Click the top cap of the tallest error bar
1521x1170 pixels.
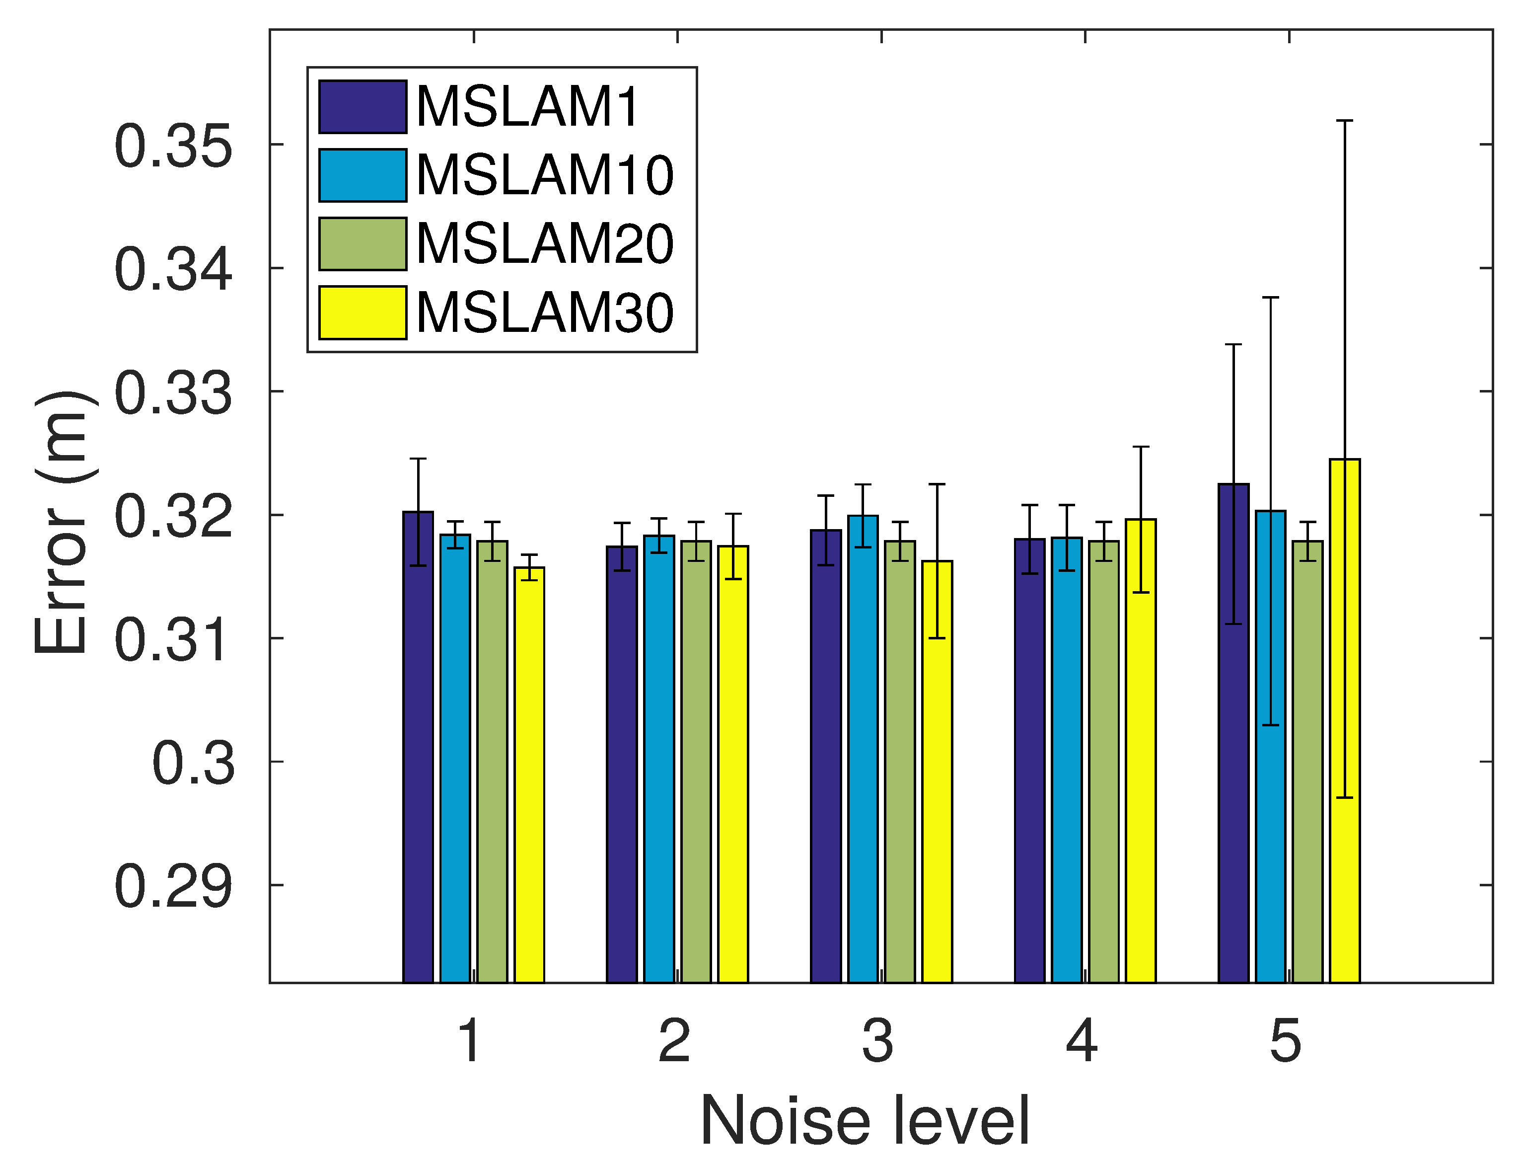(x=1344, y=121)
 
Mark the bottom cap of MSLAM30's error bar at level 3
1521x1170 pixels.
(x=937, y=638)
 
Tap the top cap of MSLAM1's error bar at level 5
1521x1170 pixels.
(x=1233, y=345)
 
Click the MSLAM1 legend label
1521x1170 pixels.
(x=527, y=107)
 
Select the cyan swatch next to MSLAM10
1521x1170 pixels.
(x=362, y=175)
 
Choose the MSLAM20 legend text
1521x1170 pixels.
(x=544, y=244)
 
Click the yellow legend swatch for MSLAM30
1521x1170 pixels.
(x=362, y=312)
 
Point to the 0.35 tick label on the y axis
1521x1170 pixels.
(x=173, y=146)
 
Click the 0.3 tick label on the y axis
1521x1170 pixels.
(x=194, y=763)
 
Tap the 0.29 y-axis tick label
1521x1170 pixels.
(x=173, y=886)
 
